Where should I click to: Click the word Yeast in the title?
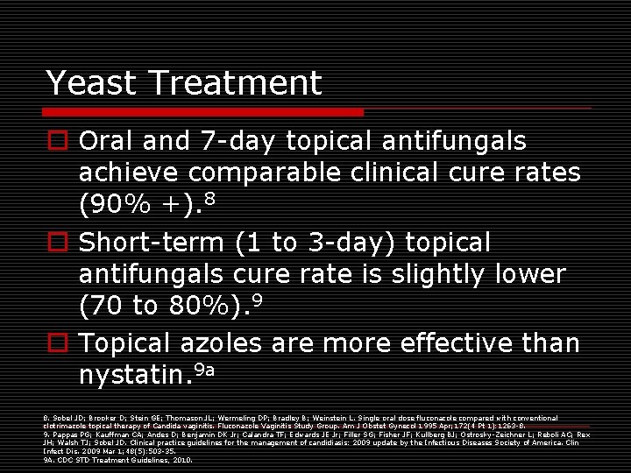(x=92, y=83)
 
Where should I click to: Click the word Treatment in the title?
(x=236, y=83)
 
